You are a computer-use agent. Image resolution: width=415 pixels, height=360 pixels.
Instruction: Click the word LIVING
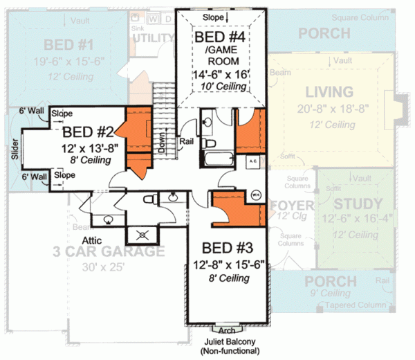[x=329, y=92]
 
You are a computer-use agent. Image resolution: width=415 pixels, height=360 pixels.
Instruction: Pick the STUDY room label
[x=358, y=204]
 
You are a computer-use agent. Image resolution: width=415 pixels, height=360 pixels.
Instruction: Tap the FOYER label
[x=293, y=206]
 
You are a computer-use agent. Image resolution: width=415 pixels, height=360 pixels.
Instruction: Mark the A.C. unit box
[x=252, y=160]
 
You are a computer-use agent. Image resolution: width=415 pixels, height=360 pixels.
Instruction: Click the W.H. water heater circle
[x=255, y=195]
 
